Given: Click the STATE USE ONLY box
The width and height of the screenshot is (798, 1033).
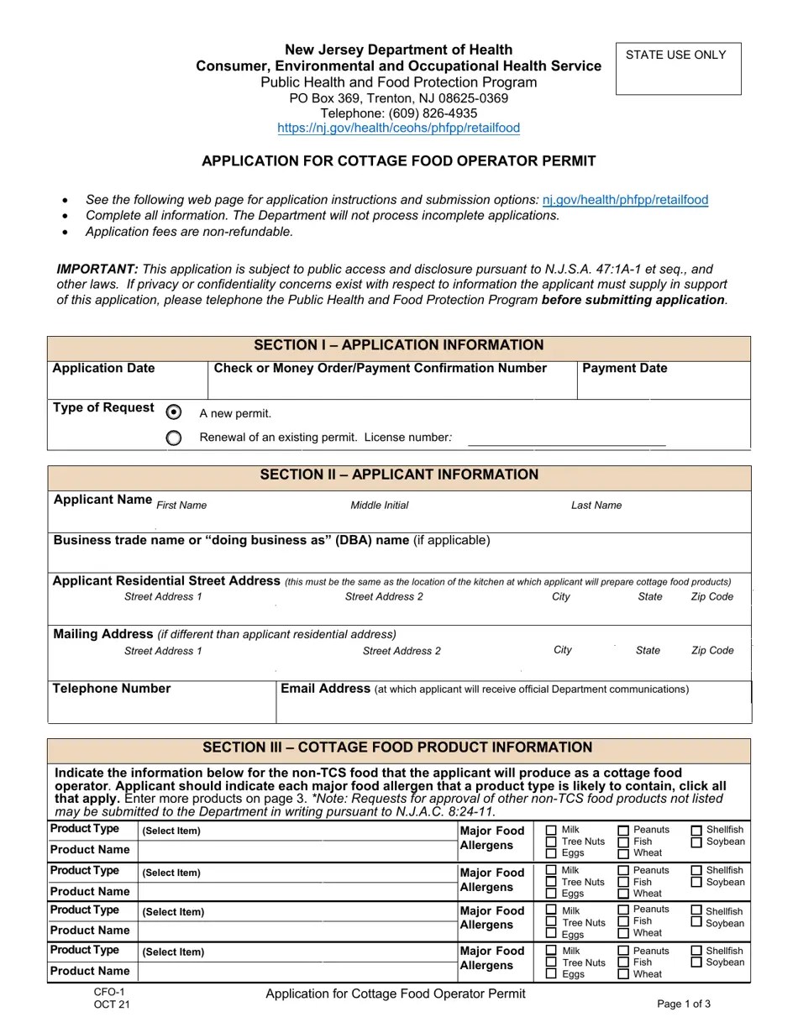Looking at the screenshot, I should pos(679,68).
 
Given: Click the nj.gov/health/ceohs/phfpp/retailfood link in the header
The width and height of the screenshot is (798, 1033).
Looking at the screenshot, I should pos(398,128).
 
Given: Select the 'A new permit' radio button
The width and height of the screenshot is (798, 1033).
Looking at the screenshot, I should pos(174,412).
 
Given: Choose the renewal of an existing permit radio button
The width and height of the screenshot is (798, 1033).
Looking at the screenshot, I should pos(174,438).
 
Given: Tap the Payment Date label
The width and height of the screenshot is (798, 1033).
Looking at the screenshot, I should pos(625,368).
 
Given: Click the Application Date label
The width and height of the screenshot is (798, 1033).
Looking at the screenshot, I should pos(103,368).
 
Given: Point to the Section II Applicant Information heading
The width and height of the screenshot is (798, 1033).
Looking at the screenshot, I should pos(399,475).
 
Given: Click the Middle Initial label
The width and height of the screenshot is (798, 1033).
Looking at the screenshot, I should pos(380,505).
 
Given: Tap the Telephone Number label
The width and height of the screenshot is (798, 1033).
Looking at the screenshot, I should pos(112,689).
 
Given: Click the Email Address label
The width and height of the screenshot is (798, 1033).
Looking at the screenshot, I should pos(326,689).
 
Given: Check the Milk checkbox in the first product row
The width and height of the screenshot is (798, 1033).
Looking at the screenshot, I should pos(551,830).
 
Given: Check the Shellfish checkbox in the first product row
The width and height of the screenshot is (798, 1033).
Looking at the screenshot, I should pos(696,830).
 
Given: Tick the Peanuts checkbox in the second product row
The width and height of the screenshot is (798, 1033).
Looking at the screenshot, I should pos(623,870).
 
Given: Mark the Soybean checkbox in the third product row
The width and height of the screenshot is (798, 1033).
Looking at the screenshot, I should pos(696,922).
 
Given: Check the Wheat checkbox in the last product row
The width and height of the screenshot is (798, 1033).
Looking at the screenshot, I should pos(623,974).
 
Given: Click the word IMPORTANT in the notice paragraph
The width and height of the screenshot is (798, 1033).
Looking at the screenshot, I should pos(97,269).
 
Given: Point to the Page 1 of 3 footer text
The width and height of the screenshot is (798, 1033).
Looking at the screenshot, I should pos(684,1004).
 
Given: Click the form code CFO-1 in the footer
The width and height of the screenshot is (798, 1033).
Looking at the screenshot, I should pos(109,992).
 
